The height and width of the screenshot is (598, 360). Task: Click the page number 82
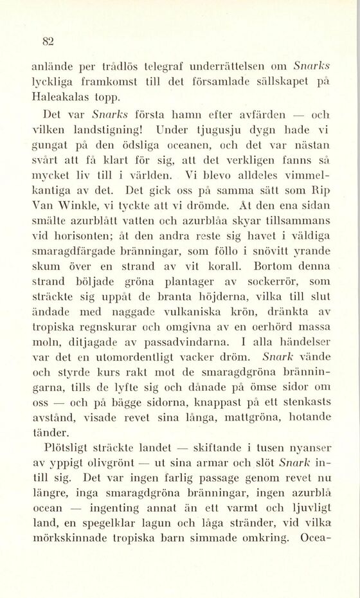[x=47, y=42]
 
